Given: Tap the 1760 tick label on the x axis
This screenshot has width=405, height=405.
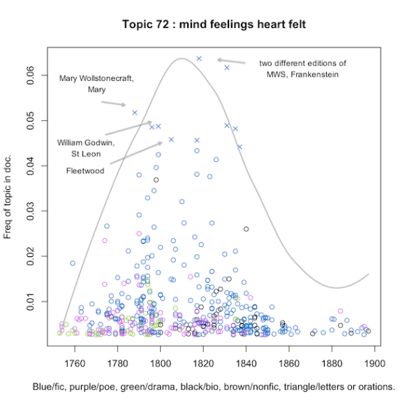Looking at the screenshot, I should (75, 362).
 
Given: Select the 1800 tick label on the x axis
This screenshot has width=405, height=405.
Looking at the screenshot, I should (161, 362).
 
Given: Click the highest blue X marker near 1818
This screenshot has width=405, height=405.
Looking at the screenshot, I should (199, 59).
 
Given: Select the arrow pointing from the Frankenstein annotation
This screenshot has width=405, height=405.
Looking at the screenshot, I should (231, 61).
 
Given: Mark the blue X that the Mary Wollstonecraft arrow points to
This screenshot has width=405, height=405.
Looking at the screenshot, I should (135, 112).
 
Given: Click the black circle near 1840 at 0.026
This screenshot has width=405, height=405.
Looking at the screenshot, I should (246, 229).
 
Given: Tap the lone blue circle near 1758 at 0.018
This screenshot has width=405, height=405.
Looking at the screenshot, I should (73, 263).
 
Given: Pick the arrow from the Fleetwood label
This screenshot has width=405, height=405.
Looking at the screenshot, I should (135, 155).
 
